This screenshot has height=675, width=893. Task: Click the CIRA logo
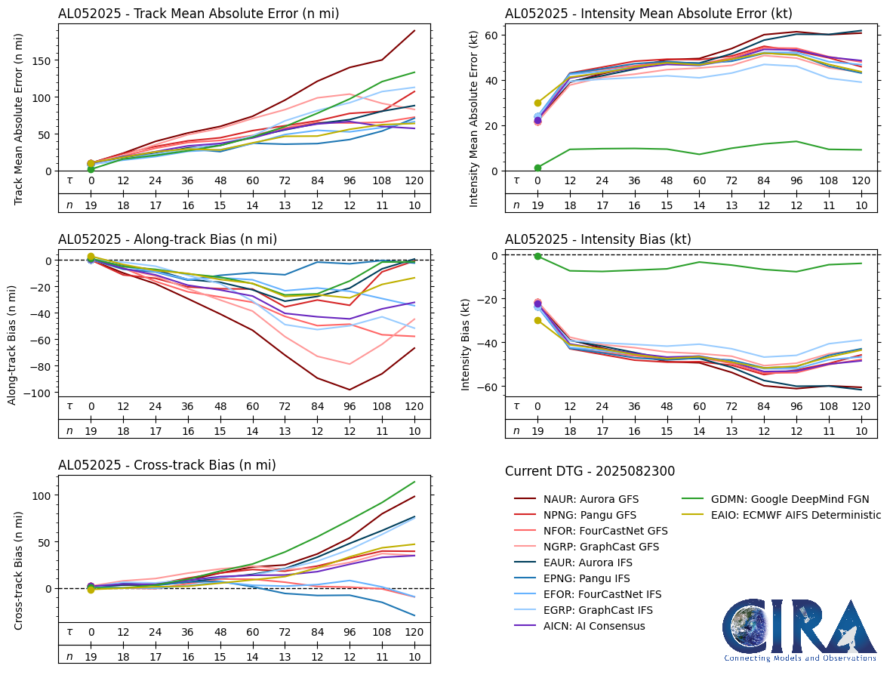tap(799, 630)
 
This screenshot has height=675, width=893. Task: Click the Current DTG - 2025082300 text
tap(590, 471)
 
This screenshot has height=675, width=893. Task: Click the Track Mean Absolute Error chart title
tap(199, 14)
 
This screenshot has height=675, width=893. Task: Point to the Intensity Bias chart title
tap(598, 239)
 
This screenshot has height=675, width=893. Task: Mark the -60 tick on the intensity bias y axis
tap(490, 387)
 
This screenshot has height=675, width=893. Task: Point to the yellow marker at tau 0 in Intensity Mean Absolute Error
tap(537, 103)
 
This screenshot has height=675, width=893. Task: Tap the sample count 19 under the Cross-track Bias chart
tap(91, 656)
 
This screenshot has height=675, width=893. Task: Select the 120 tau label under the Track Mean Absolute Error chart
tap(415, 180)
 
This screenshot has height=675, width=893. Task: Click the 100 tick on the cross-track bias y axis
tap(42, 495)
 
